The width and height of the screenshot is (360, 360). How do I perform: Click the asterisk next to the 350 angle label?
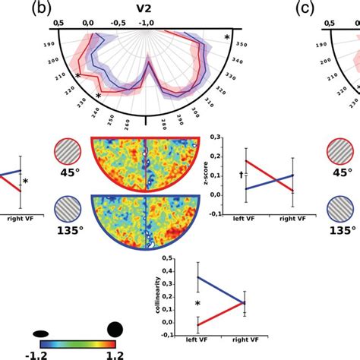click(x=226, y=36)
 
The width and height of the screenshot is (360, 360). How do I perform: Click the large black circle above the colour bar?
click(x=115, y=328)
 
